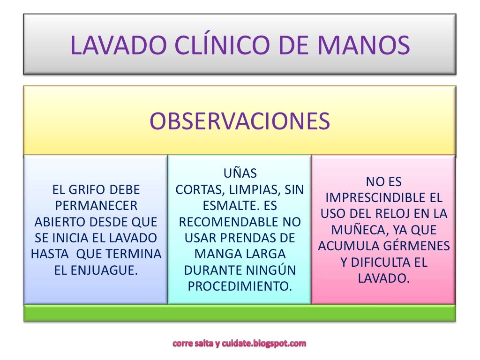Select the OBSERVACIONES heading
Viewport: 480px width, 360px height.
240,121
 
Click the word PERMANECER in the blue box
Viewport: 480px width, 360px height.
96,206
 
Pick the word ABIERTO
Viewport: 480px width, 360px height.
59,222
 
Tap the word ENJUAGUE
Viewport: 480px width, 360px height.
109,270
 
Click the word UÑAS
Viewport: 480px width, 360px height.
240,173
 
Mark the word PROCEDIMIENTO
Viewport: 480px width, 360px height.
240,286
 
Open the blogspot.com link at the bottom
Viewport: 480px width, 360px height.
240,344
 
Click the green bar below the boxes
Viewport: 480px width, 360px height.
240,313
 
